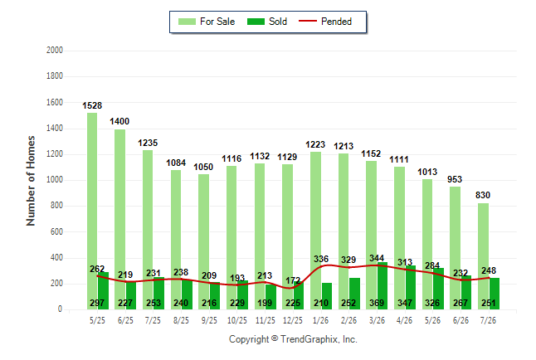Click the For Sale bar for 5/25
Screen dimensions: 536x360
92,211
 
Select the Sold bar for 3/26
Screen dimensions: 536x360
383,286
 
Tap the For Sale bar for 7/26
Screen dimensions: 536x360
483,256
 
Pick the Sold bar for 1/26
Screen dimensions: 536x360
327,296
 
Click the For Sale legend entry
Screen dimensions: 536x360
207,22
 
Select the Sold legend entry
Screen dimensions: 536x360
267,22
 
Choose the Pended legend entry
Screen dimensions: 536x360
325,22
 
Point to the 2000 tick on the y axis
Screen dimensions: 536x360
55,51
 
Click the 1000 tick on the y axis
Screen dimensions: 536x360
55,180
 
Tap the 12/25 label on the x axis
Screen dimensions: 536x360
293,320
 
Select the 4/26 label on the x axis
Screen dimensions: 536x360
404,320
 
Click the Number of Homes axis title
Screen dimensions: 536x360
31,181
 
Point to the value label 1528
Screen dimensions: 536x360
92,105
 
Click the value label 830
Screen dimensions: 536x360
483,195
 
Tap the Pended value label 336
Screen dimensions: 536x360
321,259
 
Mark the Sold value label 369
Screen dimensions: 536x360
377,303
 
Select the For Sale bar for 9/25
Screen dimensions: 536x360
204,241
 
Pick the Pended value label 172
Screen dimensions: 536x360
293,280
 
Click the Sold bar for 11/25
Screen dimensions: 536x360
270,297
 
